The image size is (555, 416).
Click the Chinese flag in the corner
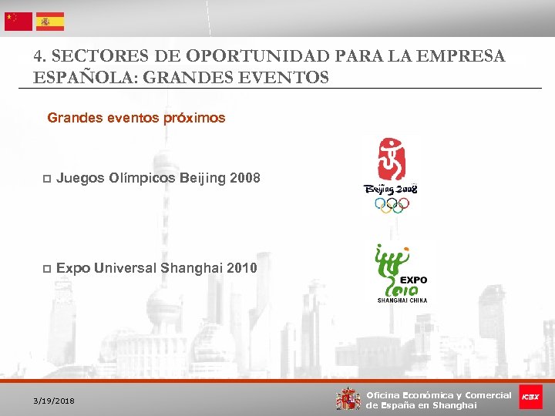coord(18,21)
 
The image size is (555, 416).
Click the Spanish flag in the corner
coord(50,21)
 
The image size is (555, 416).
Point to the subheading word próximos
coord(194,118)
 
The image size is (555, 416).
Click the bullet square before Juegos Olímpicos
coord(46,179)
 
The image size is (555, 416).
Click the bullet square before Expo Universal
coord(46,268)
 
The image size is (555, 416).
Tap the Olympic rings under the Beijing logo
coord(392,204)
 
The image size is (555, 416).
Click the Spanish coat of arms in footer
coord(348,398)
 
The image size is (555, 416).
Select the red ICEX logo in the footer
coord(530,397)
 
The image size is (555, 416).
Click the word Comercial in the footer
coord(487,394)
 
